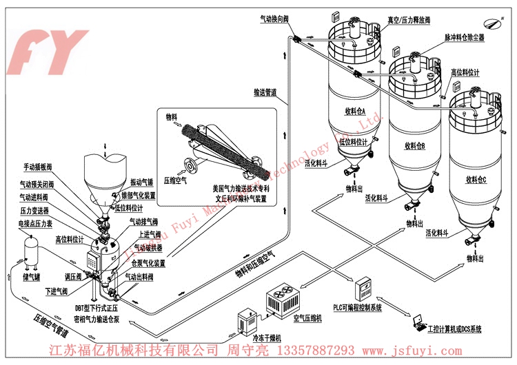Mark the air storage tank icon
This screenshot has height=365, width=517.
(x=29, y=252)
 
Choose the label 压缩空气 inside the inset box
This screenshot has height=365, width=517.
(x=176, y=181)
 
